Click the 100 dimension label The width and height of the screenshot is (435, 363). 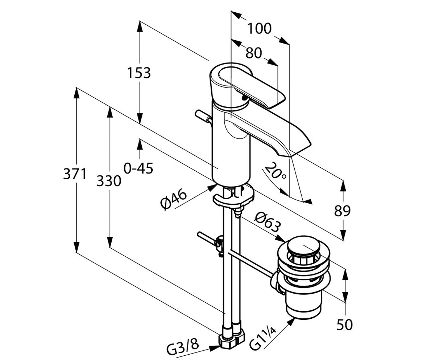pyautogui.click(x=260, y=28)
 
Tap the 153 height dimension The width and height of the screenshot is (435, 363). pyautogui.click(x=139, y=73)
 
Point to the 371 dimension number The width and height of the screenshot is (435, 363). pyautogui.click(x=75, y=174)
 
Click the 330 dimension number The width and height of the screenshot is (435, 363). pyautogui.click(x=109, y=181)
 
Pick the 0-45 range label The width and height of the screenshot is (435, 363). pyautogui.click(x=138, y=168)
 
